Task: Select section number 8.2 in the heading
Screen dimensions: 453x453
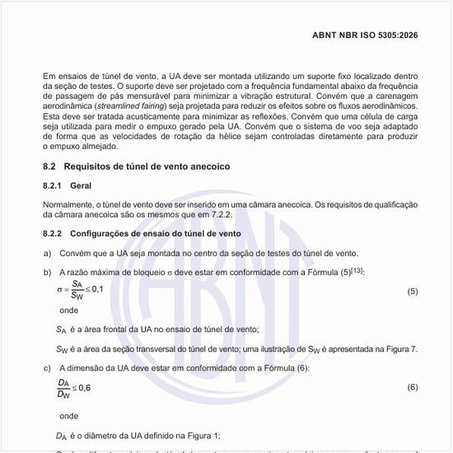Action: [x=50, y=166]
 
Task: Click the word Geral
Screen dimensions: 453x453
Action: [x=82, y=186]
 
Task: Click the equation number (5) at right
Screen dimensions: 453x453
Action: [x=413, y=292]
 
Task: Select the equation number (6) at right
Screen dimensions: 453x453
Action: [x=413, y=386]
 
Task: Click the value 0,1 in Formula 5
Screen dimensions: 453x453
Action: [x=96, y=289]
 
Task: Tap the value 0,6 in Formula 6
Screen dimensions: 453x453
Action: [x=82, y=387]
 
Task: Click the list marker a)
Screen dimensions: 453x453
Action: [x=47, y=254]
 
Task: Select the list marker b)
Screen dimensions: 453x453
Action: [x=47, y=272]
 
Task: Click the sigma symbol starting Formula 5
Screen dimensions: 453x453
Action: [x=59, y=290]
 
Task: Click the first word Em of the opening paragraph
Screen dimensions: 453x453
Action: [x=49, y=76]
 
